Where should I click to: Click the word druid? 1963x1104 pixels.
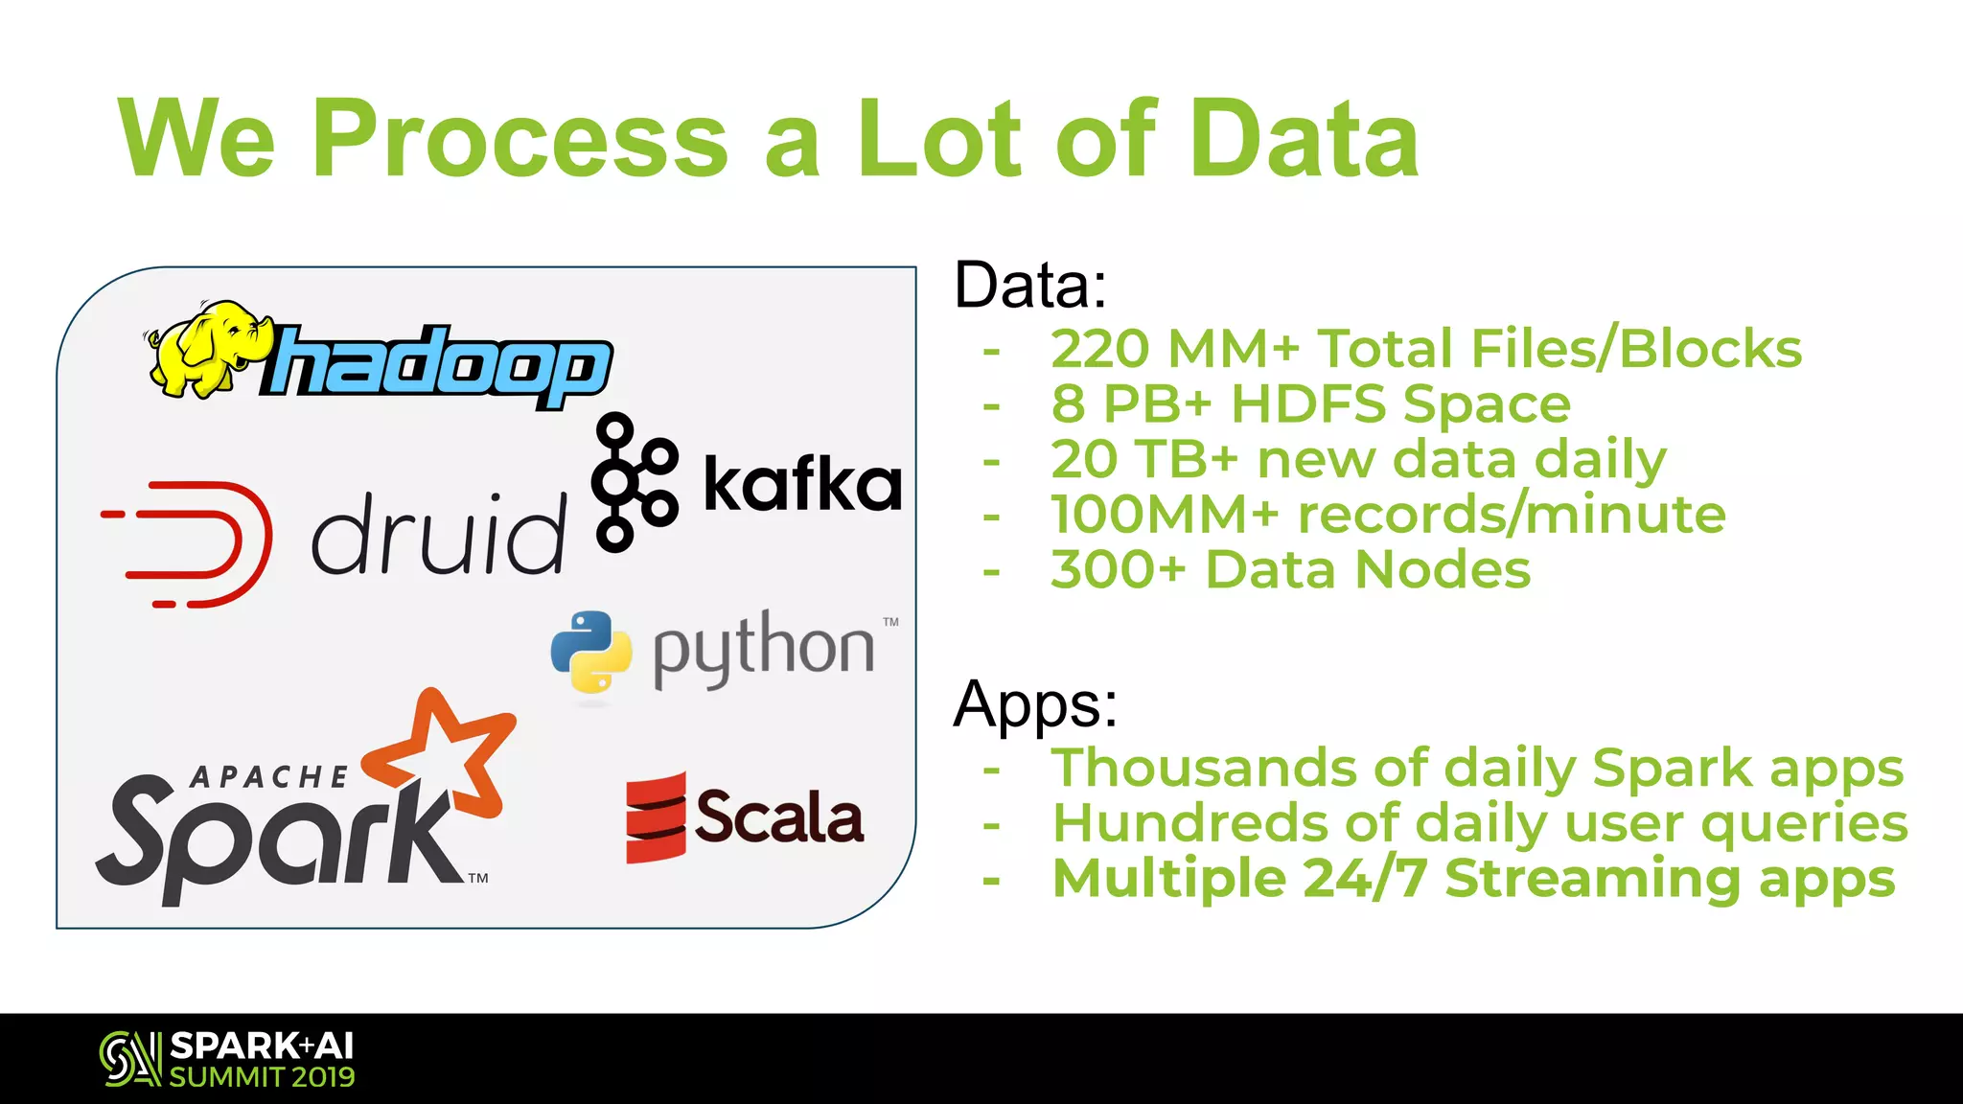438,534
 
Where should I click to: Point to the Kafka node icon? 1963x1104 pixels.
632,482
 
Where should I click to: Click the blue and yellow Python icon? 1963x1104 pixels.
591,652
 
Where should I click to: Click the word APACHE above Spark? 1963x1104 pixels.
269,777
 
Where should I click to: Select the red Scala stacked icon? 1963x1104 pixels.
656,817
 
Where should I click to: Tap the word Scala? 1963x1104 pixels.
779,817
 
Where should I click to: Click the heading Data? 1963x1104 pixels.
1030,285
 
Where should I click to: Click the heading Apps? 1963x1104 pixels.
1035,704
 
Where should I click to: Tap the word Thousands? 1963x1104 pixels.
1204,768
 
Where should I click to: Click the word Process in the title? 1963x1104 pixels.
520,139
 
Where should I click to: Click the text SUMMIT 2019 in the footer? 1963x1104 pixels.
262,1077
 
